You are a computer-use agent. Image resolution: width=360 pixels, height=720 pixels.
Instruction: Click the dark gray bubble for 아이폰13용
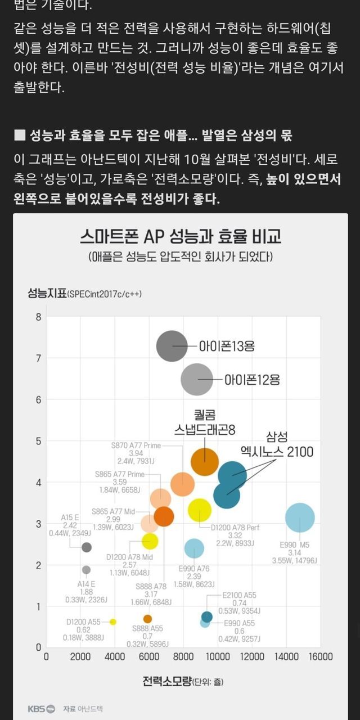point(172,346)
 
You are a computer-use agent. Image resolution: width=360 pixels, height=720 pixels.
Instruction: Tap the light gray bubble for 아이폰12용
point(197,380)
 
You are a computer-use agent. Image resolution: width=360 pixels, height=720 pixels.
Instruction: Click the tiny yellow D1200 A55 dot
point(113,622)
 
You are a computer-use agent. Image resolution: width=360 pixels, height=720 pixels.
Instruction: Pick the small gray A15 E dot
point(86,547)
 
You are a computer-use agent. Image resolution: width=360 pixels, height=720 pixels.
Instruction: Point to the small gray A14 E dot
point(86,570)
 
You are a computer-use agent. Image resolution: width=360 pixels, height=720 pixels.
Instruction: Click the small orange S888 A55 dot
point(147,619)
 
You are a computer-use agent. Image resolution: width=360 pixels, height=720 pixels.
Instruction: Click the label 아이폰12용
point(252,380)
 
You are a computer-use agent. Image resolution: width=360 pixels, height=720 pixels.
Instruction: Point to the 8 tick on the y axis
point(39,317)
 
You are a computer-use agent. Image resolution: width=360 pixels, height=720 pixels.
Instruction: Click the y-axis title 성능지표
point(47,293)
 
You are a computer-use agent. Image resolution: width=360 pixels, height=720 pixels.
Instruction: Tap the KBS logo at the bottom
point(42,709)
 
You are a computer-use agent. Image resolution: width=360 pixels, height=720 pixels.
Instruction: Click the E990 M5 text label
point(295,544)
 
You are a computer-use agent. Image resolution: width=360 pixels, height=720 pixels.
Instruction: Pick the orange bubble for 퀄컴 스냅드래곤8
point(204,462)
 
